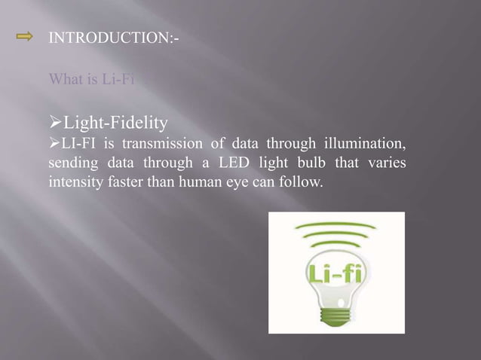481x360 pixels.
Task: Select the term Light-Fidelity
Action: tap(117, 120)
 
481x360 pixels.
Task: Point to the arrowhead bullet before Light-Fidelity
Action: tap(54, 120)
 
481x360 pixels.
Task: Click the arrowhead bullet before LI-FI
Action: tap(54, 144)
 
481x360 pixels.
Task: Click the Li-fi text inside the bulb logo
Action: tap(335, 272)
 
